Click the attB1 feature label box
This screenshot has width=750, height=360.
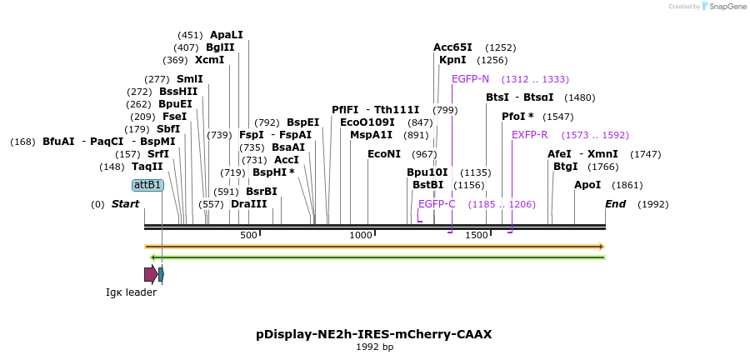147,185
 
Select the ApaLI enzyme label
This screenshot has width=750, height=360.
227,35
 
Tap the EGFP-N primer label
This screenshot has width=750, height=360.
470,79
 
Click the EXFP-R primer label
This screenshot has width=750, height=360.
529,135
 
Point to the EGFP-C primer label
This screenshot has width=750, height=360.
437,204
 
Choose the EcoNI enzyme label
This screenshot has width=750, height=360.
384,154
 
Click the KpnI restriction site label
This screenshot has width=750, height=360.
452,60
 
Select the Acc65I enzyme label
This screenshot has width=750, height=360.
452,47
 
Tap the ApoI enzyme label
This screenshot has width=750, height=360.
587,185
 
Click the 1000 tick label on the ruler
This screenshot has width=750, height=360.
361,236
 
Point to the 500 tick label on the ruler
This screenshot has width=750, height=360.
248,236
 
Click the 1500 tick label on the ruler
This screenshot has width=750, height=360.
476,236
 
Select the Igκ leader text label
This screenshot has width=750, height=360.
131,292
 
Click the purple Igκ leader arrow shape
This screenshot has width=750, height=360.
150,274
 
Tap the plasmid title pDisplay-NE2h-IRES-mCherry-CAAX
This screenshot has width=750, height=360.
374,334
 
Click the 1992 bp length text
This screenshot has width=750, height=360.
374,347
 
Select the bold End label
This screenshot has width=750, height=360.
615,204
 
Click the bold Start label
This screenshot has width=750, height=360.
126,204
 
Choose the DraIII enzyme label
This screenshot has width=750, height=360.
249,204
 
